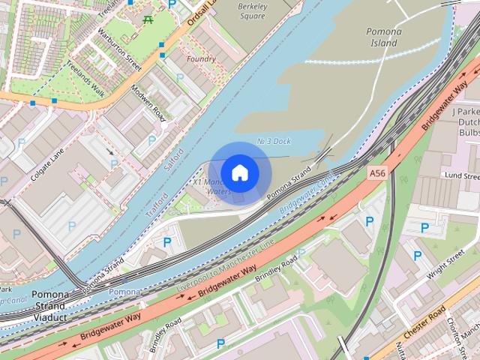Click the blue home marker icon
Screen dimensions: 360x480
pos(239,172)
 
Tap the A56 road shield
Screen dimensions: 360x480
pos(378,173)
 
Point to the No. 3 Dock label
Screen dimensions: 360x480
pos(273,141)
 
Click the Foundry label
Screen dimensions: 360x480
pos(202,58)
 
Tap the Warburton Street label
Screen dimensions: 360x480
pos(118,51)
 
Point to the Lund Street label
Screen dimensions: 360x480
pos(460,175)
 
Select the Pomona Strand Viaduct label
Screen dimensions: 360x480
pos(50,306)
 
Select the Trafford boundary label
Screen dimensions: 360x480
pos(157,202)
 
